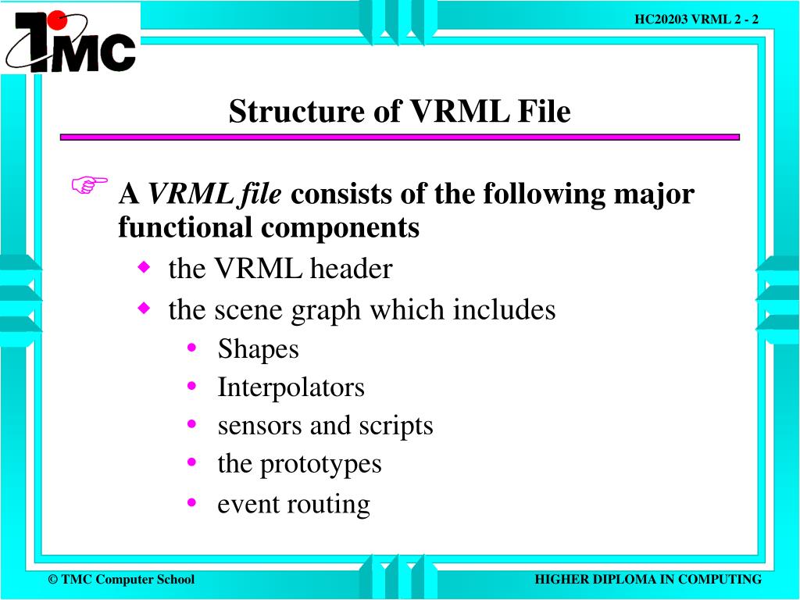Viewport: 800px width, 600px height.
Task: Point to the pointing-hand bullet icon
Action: click(x=89, y=186)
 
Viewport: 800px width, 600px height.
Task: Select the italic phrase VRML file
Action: click(x=215, y=193)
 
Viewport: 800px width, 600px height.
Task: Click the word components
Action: click(x=341, y=227)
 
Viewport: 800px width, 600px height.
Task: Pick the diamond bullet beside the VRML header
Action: click(x=143, y=268)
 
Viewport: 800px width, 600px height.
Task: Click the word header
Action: click(x=352, y=269)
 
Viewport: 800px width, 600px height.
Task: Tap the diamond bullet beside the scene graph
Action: click(x=143, y=309)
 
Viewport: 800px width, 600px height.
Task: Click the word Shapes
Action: click(x=258, y=348)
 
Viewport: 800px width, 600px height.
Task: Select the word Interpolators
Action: click(x=291, y=387)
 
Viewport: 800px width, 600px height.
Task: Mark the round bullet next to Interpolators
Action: click(x=191, y=386)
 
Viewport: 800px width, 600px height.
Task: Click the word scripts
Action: click(x=395, y=426)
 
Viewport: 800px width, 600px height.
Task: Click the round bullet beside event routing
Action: click(x=191, y=502)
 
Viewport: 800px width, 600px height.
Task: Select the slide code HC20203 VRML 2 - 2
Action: click(x=696, y=20)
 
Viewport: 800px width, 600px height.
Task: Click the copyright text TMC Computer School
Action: click(x=121, y=579)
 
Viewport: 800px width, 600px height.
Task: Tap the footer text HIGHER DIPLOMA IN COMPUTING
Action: click(x=648, y=579)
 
